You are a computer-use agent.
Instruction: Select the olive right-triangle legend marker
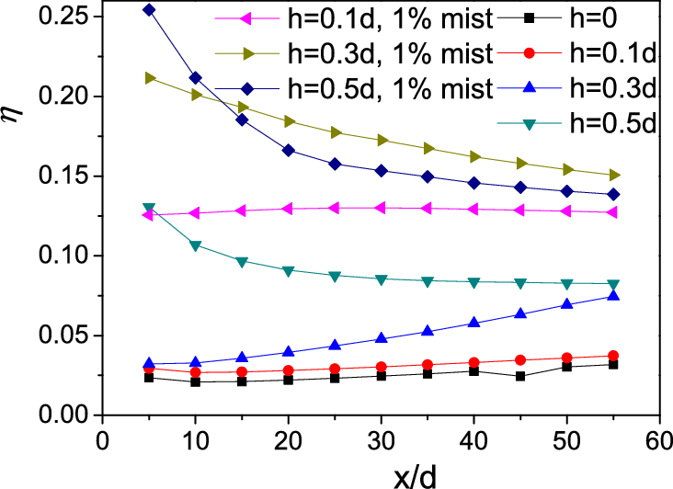coord(248,53)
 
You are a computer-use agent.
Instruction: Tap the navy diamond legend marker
coord(247,89)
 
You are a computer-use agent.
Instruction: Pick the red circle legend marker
coord(529,53)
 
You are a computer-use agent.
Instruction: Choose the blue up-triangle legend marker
coord(529,88)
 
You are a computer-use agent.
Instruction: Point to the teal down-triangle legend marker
coord(529,124)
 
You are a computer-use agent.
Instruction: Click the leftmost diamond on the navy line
coord(149,10)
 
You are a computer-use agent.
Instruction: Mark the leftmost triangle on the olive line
coord(151,78)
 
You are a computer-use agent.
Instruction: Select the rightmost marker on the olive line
coord(614,175)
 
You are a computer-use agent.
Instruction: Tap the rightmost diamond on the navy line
coord(613,195)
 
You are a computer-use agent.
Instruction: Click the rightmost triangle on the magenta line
coord(611,212)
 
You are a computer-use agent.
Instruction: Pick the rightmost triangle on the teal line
coord(613,285)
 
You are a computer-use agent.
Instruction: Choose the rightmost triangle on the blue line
coord(613,295)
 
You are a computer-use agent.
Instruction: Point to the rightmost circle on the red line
coord(613,356)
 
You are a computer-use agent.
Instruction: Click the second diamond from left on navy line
coord(196,78)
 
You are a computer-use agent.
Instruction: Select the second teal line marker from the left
coord(195,245)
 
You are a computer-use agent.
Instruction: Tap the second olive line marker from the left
coord(197,95)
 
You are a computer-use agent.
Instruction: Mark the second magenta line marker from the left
coord(193,213)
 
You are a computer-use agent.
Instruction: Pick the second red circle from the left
coord(195,372)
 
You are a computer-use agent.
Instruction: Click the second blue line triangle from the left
coord(195,362)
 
